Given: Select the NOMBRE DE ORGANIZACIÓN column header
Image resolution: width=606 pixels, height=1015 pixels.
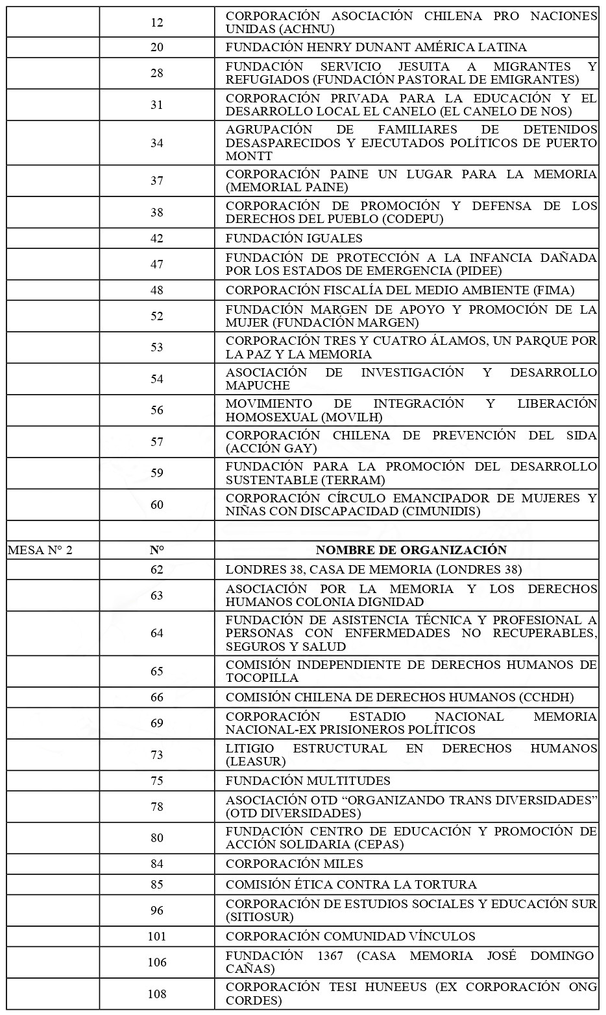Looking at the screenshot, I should coord(411,550).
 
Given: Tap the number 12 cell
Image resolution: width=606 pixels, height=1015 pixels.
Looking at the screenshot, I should coord(157,23).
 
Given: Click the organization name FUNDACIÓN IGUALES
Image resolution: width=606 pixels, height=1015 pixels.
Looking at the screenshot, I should coord(294,238).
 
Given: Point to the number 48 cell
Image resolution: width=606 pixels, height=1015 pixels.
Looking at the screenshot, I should coord(157,290).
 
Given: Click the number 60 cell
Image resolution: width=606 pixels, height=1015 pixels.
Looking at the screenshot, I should coord(157,505).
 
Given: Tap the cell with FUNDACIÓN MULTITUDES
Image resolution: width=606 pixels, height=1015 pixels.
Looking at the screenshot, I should coord(308,780).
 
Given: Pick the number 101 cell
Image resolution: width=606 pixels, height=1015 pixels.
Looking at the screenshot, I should coord(157,936).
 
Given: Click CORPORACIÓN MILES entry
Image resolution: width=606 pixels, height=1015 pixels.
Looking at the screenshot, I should coord(295,863).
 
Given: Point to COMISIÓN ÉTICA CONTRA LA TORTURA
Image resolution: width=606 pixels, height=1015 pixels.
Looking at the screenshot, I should coord(351,884).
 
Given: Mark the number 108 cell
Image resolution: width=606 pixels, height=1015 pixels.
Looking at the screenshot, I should coord(157,994).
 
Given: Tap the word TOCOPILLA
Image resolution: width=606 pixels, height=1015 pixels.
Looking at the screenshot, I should coord(262,678).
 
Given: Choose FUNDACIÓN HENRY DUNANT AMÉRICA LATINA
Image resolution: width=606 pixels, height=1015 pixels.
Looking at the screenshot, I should coord(376,47).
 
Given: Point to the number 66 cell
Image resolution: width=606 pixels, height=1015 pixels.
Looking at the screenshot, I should coord(157,697).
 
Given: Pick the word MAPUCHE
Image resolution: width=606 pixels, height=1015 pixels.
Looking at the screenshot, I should coord(258,385).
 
